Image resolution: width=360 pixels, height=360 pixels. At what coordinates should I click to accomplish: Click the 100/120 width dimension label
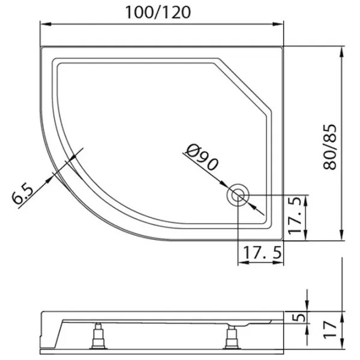pyautogui.click(x=158, y=13)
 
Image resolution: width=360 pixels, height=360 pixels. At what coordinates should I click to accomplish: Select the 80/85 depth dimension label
pyautogui.click(x=329, y=147)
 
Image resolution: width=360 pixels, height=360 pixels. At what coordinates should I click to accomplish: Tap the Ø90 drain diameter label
pyautogui.click(x=202, y=157)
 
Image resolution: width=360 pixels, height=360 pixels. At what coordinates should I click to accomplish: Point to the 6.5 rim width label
pyautogui.click(x=23, y=194)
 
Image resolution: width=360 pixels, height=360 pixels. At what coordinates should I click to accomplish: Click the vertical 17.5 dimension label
pyautogui.click(x=295, y=215)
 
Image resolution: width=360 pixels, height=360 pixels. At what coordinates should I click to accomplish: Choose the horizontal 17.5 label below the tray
pyautogui.click(x=262, y=253)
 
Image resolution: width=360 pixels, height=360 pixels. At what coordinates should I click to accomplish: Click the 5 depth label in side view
pyautogui.click(x=299, y=317)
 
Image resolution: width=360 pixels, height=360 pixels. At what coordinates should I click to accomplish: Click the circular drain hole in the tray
pyautogui.click(x=238, y=195)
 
